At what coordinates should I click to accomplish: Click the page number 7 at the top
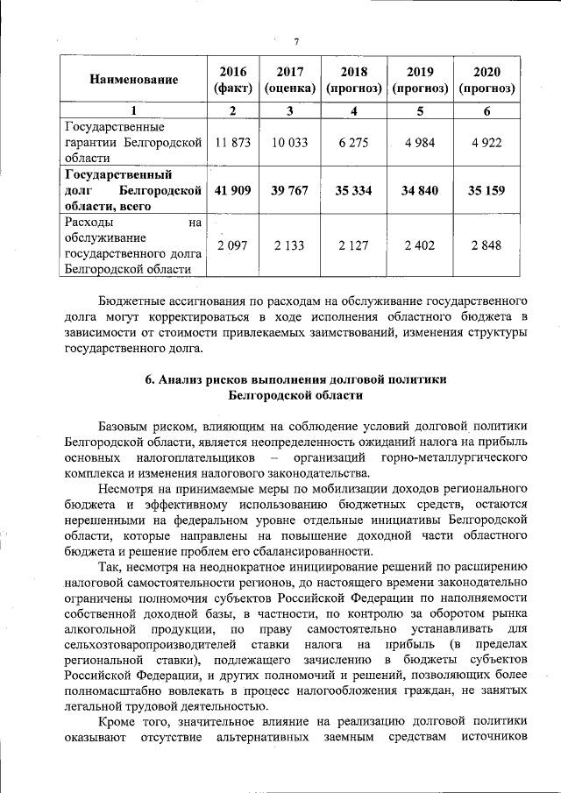(296, 41)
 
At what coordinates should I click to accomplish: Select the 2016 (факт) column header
(232, 80)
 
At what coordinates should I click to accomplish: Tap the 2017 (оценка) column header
(289, 80)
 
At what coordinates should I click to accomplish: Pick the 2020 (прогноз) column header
(486, 80)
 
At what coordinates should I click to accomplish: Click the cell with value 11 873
(232, 143)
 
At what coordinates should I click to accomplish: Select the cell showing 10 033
(289, 143)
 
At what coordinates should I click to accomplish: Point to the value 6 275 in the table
(353, 143)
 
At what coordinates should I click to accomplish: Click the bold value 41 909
(232, 190)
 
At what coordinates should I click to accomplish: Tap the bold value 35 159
(486, 190)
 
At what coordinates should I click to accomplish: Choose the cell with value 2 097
(232, 245)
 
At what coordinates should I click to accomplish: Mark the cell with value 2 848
(486, 245)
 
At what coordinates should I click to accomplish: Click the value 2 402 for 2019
(420, 245)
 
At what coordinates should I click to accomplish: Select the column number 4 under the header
(353, 111)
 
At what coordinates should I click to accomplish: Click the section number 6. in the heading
(150, 379)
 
